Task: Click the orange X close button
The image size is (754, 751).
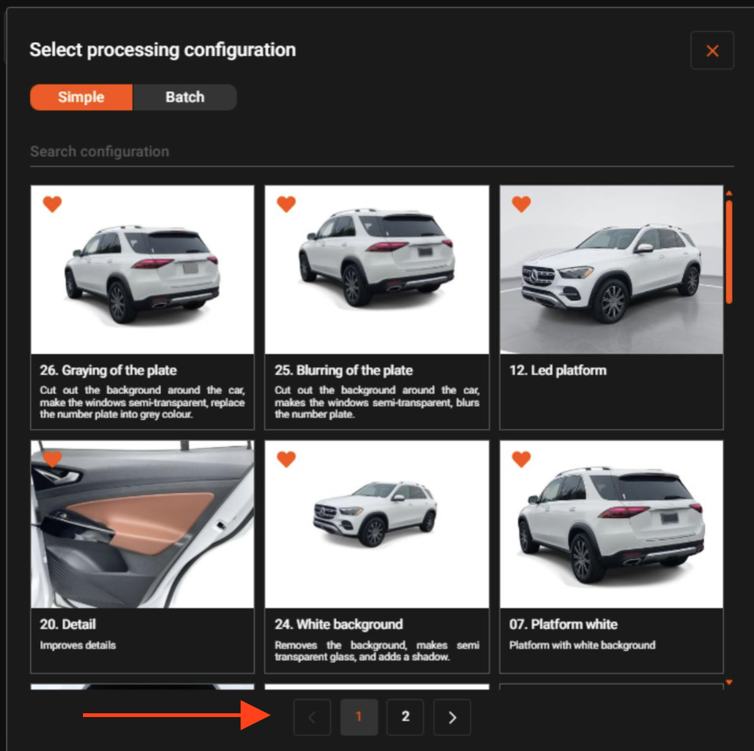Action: point(712,50)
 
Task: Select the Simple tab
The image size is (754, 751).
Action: point(82,97)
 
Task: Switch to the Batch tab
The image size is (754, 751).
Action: point(185,97)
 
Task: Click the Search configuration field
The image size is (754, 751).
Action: point(381,152)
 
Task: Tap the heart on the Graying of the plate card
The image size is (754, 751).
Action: point(52,204)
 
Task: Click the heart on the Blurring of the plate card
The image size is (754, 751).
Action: point(287,204)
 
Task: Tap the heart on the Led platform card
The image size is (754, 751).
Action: point(521,204)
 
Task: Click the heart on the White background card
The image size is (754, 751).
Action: point(287,459)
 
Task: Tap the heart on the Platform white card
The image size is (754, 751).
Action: point(521,459)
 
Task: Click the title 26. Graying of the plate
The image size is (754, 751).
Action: point(108,370)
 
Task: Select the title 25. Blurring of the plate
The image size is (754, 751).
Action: point(344,370)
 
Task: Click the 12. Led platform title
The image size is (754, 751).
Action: point(557,370)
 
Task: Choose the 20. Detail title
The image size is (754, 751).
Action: point(68,624)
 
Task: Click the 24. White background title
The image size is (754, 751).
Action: point(339,624)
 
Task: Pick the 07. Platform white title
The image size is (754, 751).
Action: point(563,624)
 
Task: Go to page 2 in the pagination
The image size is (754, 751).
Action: point(405,716)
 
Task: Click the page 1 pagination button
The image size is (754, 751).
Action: point(359,716)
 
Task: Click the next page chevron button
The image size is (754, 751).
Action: point(452,716)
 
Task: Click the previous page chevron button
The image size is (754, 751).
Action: point(312,716)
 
